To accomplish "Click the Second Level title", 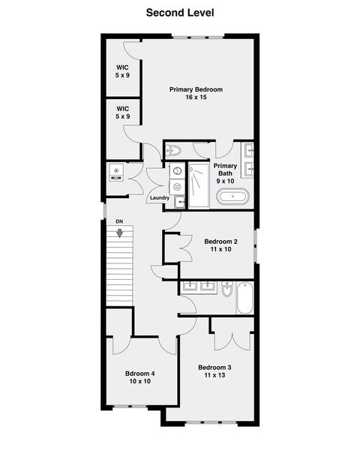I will (180, 12).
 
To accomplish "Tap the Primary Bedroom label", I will (196, 89).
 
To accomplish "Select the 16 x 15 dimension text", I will (196, 98).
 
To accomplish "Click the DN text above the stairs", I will (119, 222).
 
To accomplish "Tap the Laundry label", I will (160, 198).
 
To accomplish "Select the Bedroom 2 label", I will (220, 241).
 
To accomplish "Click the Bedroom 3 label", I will (214, 367).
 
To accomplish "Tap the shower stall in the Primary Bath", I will (199, 186).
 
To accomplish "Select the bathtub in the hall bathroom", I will (244, 298).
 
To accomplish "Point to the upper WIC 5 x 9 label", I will (122, 72).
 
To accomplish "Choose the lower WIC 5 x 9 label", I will (122, 113).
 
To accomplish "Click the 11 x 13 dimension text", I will (214, 375).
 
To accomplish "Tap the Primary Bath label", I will (226, 173).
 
